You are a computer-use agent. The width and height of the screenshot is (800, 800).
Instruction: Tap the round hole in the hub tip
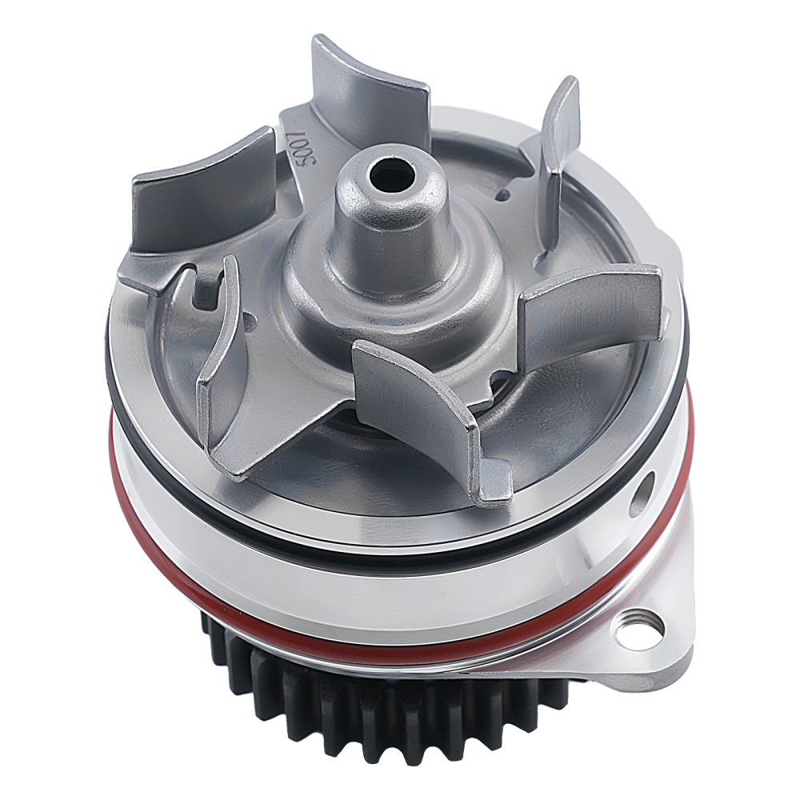(x=392, y=176)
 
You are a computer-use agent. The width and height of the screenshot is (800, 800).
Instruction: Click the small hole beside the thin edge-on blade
(x=504, y=195)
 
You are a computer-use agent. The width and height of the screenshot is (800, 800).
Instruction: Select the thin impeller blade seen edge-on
(x=556, y=163)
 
